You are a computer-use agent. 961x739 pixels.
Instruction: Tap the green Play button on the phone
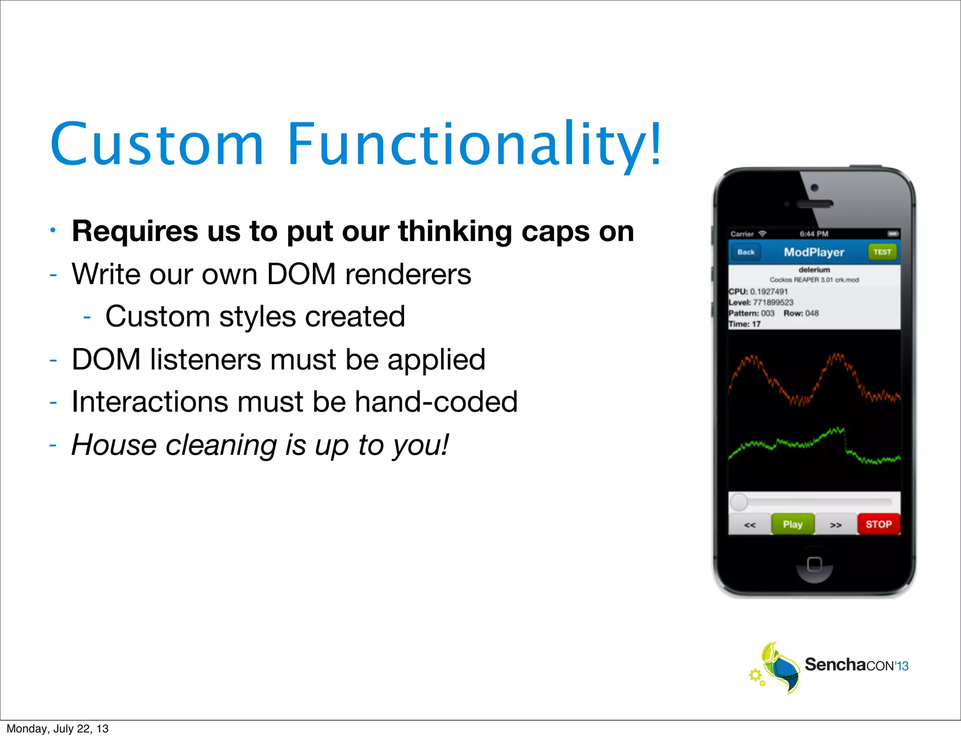pos(793,524)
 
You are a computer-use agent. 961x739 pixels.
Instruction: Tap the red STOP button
pos(878,524)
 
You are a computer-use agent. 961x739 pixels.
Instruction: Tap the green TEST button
pos(882,252)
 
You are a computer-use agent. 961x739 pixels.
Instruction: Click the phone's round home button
pos(815,564)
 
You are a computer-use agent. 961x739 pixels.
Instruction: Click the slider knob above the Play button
pos(739,502)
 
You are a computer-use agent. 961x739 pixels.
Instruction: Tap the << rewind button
pos(750,525)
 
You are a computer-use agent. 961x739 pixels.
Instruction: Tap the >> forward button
pos(836,525)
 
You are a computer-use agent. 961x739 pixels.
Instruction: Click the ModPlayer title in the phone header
pos(814,252)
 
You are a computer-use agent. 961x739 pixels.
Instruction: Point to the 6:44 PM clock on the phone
pos(814,234)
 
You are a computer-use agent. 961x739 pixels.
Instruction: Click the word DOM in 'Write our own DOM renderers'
pos(301,274)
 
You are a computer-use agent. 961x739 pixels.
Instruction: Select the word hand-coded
pos(436,402)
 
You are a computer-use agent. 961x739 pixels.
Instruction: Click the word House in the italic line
pos(114,445)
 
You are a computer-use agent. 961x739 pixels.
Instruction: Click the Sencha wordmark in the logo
pos(835,664)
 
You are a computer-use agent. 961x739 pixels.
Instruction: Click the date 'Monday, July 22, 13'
pos(57,729)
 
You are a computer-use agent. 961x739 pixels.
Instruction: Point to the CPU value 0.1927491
pos(769,292)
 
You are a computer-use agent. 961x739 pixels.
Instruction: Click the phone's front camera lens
pos(815,188)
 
